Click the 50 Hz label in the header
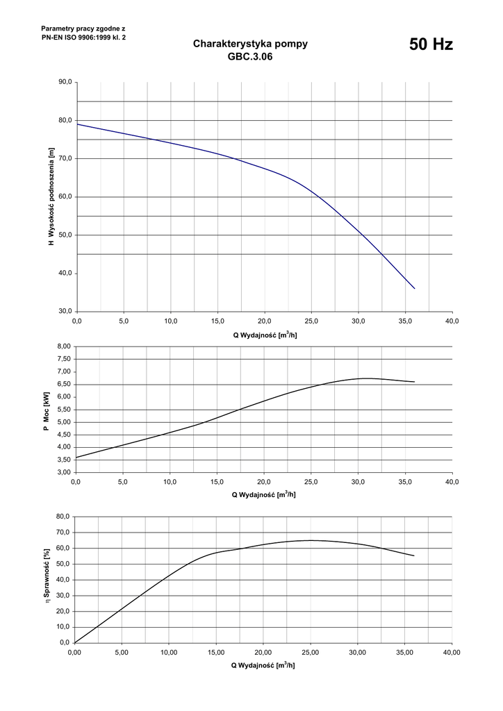click(x=431, y=45)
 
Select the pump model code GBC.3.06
click(x=250, y=58)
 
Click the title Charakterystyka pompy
click(x=250, y=44)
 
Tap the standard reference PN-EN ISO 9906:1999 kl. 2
click(x=84, y=37)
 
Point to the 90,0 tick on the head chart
click(x=65, y=83)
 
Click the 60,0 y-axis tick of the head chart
click(x=65, y=197)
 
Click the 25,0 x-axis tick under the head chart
click(x=311, y=321)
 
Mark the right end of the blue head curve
click(x=415, y=288)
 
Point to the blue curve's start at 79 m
click(x=77, y=124)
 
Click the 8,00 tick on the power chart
click(x=64, y=346)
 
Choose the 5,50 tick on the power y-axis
click(x=64, y=410)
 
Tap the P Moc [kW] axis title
click(x=46, y=410)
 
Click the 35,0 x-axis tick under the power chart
click(x=405, y=482)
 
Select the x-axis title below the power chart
click(x=264, y=494)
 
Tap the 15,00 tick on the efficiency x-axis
click(x=216, y=653)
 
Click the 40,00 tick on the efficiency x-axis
click(x=452, y=653)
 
